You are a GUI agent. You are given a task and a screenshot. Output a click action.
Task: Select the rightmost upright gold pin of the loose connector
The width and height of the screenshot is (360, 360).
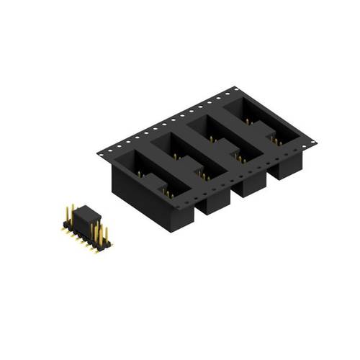(x=108, y=235)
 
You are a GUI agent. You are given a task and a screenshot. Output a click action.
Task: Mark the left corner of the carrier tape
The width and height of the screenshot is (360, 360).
(x=96, y=152)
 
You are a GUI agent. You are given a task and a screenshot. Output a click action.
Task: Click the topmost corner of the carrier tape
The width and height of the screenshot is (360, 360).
(x=235, y=87)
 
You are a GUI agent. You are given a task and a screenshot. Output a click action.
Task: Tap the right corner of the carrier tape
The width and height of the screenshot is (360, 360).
(x=318, y=141)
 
